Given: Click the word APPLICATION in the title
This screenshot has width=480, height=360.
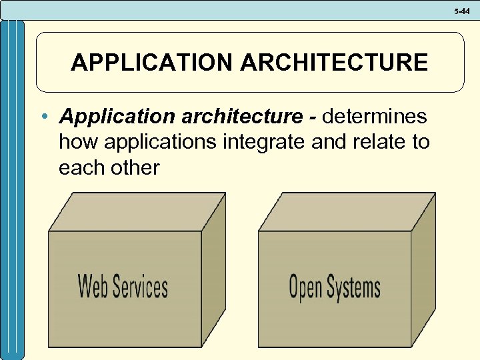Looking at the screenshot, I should (151, 63).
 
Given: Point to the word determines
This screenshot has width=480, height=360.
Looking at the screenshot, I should (374, 117).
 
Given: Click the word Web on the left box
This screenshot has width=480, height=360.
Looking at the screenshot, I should (93, 286).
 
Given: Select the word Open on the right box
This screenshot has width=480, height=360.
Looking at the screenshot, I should (305, 287).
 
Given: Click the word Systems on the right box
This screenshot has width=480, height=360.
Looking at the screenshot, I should (353, 287).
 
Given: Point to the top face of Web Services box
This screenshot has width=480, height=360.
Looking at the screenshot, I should (137, 212).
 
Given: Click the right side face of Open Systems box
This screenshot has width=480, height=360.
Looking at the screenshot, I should (423, 273).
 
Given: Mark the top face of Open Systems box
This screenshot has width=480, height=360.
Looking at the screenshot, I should (347, 212).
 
